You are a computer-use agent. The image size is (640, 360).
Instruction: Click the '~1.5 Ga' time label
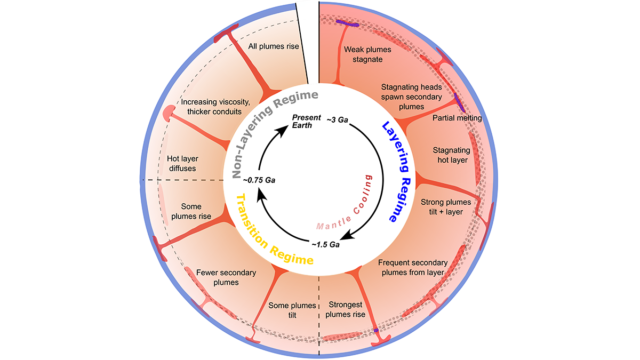[x=326, y=245]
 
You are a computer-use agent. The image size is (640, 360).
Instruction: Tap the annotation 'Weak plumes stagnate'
[x=367, y=54]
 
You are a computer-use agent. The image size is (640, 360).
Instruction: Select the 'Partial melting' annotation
[x=457, y=118]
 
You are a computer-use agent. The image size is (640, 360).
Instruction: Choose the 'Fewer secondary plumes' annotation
[x=226, y=277]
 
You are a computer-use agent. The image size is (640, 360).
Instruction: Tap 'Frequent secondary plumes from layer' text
[x=411, y=267]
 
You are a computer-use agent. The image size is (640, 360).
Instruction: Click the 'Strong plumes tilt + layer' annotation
[x=446, y=207]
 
